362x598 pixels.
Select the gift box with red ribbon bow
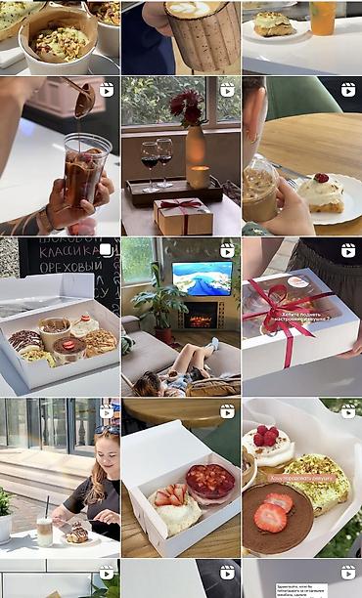pos(183,214)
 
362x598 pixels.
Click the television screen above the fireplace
pos(202,278)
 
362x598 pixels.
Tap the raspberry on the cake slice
pos(321,178)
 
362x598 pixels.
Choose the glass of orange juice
pos(323,18)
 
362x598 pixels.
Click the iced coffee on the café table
pos(44,531)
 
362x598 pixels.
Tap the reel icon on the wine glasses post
pos(227,90)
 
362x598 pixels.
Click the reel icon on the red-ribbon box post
pos(347,250)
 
